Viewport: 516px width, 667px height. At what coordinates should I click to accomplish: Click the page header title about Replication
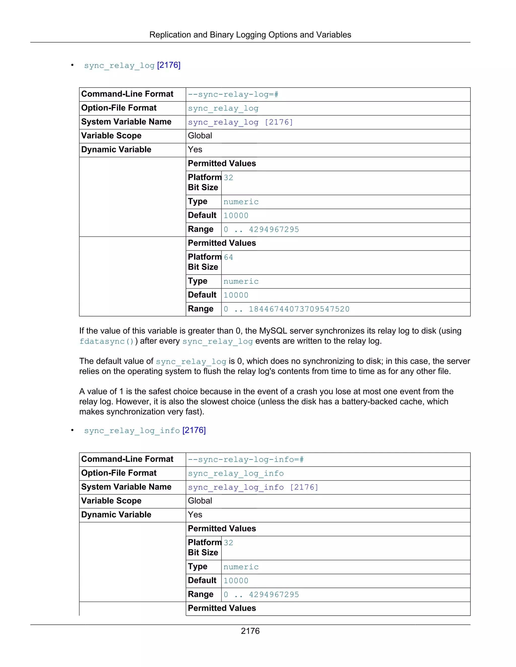pos(250,35)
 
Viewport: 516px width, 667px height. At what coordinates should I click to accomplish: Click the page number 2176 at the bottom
pos(250,631)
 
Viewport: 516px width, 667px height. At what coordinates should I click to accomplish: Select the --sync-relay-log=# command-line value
pos(233,94)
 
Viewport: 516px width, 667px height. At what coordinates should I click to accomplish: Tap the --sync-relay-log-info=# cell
pos(245,459)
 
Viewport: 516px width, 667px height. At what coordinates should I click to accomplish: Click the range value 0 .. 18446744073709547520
pos(286,309)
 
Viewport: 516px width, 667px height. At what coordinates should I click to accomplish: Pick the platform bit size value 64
pos(228,257)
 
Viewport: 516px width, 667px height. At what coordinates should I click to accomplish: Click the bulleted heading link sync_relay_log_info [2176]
pos(145,430)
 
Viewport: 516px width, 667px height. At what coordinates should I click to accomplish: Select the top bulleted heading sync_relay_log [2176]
pos(132,65)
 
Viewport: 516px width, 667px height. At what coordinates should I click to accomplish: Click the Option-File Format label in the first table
pos(119,108)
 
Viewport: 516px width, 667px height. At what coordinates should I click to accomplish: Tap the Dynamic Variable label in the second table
pos(116,515)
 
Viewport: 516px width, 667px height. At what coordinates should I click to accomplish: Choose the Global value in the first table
pos(200,136)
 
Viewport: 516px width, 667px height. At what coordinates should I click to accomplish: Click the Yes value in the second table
pos(195,515)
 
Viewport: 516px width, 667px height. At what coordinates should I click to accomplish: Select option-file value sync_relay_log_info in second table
pos(236,473)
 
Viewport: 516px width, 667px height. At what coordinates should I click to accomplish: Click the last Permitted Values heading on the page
pos(222,608)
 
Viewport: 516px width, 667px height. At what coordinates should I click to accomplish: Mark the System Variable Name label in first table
pos(126,122)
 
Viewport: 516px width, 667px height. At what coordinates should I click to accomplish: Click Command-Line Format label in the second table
pos(127,459)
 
